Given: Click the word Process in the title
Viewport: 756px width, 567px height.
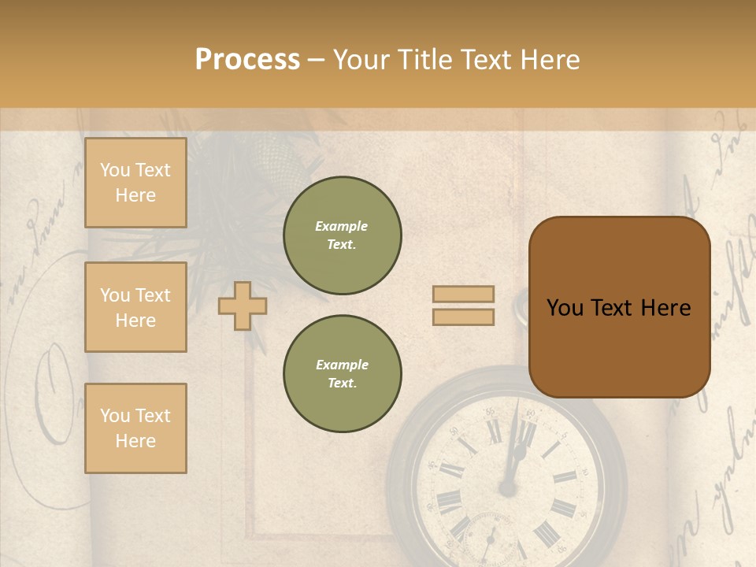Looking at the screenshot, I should coord(247,60).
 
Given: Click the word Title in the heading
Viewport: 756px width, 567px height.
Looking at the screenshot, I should coord(423,60).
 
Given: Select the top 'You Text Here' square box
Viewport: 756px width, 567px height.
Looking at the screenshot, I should coord(135,183).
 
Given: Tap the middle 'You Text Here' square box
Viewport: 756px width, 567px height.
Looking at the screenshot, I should coord(135,307).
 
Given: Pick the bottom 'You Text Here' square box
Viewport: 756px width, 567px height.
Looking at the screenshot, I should coord(135,428).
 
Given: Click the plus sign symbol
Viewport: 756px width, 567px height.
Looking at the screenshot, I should coord(242,306).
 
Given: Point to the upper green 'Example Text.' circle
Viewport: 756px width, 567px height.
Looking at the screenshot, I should coord(342,235).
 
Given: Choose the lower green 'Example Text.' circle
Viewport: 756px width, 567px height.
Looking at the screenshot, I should coord(342,374).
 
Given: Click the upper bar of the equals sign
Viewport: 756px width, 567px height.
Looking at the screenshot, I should coord(463,294).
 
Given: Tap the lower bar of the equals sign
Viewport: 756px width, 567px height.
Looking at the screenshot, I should coord(463,317).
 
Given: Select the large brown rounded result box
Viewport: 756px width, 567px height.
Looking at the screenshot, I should coord(619,306).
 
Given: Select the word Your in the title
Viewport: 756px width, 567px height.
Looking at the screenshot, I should coord(361,60).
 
